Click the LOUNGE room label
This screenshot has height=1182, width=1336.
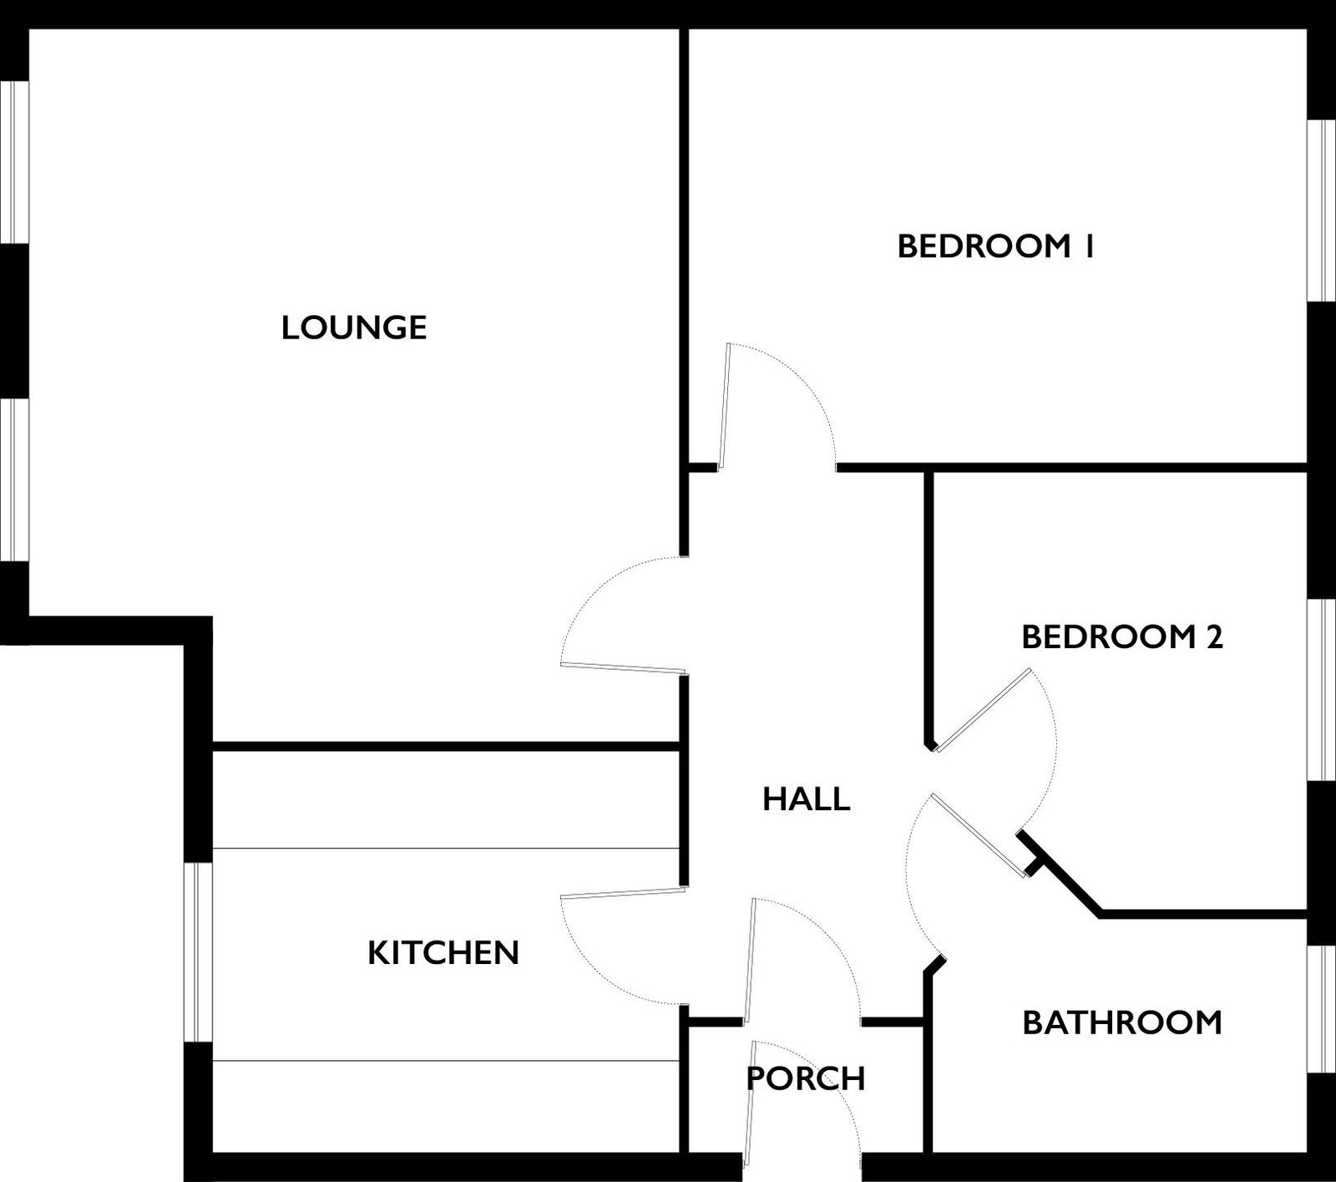354,327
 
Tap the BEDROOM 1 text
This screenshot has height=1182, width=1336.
995,246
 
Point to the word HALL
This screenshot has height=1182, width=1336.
807,799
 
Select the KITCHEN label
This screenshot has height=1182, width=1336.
443,952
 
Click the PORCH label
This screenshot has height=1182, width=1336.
806,1078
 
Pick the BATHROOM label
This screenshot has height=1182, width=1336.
1122,1022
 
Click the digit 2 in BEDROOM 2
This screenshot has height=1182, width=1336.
1214,637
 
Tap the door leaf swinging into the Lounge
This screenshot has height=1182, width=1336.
624,667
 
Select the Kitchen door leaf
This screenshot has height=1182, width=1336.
624,893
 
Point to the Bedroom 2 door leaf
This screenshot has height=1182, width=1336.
983,710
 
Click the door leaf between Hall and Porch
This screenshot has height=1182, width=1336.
750,961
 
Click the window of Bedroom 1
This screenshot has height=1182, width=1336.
1321,211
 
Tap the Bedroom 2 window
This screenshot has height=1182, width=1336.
1321,691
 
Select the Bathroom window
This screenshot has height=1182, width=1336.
1321,1009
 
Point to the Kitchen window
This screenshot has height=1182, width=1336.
199,951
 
